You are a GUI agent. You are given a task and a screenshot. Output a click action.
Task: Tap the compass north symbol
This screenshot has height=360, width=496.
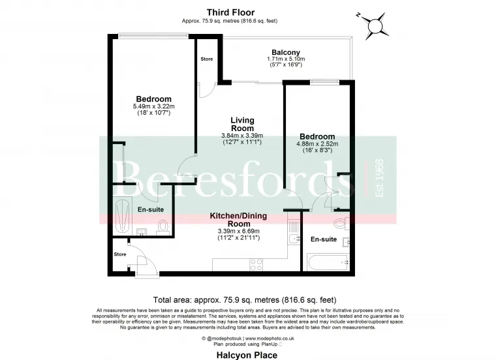tap(375, 25)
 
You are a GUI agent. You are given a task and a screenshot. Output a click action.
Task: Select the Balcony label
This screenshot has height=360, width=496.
tap(285, 53)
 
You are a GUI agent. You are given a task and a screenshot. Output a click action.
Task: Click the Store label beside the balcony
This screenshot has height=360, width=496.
tap(206, 59)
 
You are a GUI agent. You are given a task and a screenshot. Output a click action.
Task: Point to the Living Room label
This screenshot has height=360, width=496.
tap(242, 125)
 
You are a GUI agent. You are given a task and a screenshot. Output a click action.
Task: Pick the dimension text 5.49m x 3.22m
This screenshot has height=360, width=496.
tap(153, 106)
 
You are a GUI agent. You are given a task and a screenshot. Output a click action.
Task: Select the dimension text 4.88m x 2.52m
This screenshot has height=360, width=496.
tap(317, 143)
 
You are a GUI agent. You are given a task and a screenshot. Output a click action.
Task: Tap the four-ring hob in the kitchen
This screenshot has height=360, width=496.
tap(256, 264)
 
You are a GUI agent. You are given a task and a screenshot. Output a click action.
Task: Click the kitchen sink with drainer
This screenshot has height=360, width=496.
tap(292, 236)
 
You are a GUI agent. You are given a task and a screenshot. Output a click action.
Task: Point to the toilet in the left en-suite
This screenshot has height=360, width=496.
tap(164, 226)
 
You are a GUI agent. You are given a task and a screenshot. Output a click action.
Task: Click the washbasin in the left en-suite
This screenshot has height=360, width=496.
tap(143, 231)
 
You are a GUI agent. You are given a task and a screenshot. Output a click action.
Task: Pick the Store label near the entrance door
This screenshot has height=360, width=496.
tap(120, 254)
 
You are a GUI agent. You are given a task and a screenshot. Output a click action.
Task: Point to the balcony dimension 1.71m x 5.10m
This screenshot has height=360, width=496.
tap(285, 60)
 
